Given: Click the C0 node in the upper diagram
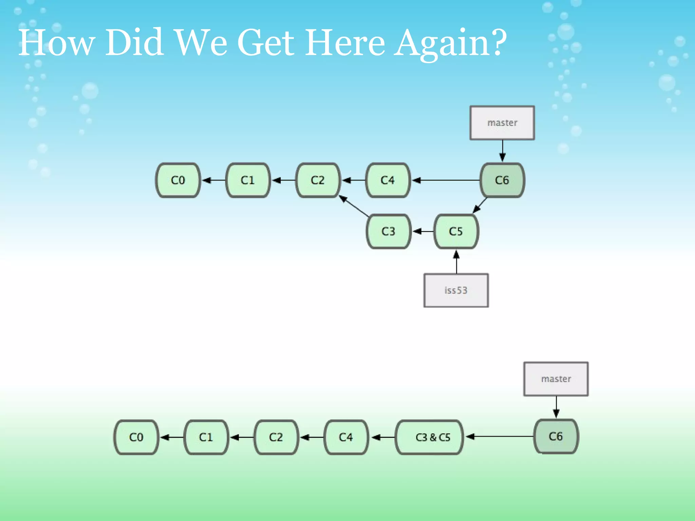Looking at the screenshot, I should coord(178,180).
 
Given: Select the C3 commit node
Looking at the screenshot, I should coord(388,231).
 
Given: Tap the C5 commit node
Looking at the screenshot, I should coord(456,231).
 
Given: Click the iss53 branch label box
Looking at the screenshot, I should coord(456,290).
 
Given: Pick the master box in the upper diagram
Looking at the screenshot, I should coord(502,123).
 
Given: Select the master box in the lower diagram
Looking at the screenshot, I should coord(556,379).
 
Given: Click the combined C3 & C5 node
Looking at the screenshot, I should coord(429,437).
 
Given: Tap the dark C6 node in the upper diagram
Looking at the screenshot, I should coord(502,180).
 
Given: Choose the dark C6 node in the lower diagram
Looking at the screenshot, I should coord(556,437).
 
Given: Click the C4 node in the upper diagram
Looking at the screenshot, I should coord(388,180).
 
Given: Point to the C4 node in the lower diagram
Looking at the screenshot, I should coord(346,437).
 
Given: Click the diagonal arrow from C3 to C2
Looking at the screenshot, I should coord(354,206).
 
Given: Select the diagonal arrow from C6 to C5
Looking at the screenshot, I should coord(480,206).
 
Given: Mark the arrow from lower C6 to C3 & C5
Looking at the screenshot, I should coord(499,437).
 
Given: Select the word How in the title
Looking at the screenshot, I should coord(56,43).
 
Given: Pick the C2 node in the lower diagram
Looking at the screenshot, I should coord(276,437).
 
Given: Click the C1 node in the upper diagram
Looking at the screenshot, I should coord(248,180).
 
